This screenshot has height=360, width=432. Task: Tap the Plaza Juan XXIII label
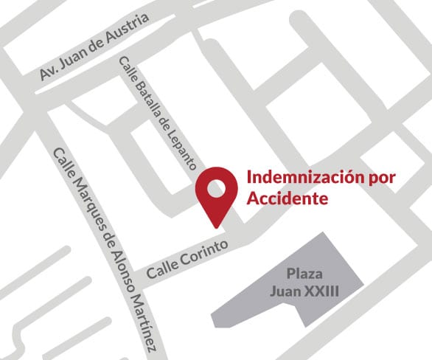tap(304, 281)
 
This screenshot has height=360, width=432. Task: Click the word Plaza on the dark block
tap(304, 272)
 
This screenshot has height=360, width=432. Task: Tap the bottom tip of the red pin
tap(216, 225)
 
